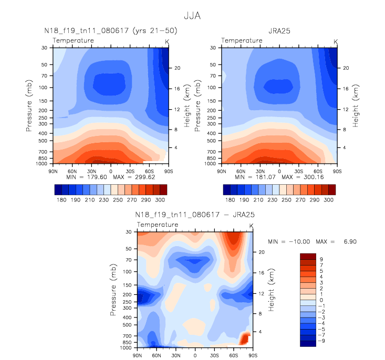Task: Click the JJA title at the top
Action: (x=192, y=16)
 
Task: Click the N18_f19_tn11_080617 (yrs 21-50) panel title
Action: (x=111, y=30)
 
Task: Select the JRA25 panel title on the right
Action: (x=279, y=30)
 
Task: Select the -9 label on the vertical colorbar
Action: (x=321, y=340)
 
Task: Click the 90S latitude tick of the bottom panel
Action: (x=253, y=355)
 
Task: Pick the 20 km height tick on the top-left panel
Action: (x=178, y=68)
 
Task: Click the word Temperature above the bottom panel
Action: (x=158, y=225)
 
